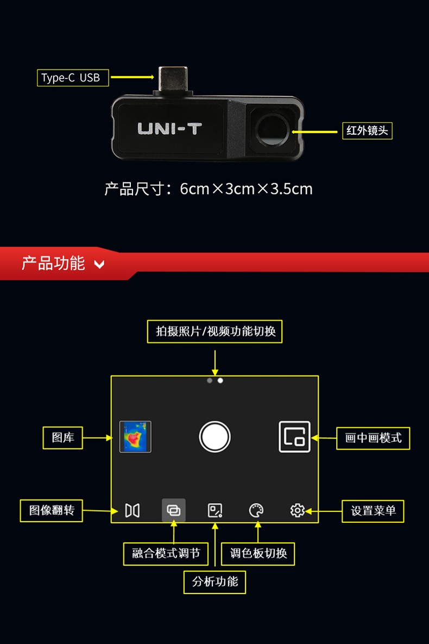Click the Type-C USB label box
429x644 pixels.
(73, 78)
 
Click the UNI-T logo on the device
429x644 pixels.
(169, 129)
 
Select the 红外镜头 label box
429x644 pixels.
(367, 130)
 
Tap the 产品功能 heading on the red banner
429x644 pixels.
(53, 264)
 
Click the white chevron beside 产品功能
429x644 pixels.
(99, 265)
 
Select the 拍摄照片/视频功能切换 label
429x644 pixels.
(215, 331)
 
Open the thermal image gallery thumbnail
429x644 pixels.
(135, 436)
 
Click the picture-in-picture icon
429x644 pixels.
(294, 436)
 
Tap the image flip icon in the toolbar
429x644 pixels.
(133, 510)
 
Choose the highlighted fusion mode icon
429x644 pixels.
(174, 510)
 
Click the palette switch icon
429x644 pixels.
(256, 510)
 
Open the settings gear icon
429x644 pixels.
(297, 510)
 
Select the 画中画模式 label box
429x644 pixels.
(373, 437)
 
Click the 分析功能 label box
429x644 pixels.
(215, 582)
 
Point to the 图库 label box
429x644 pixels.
(63, 437)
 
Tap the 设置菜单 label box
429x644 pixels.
(373, 511)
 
